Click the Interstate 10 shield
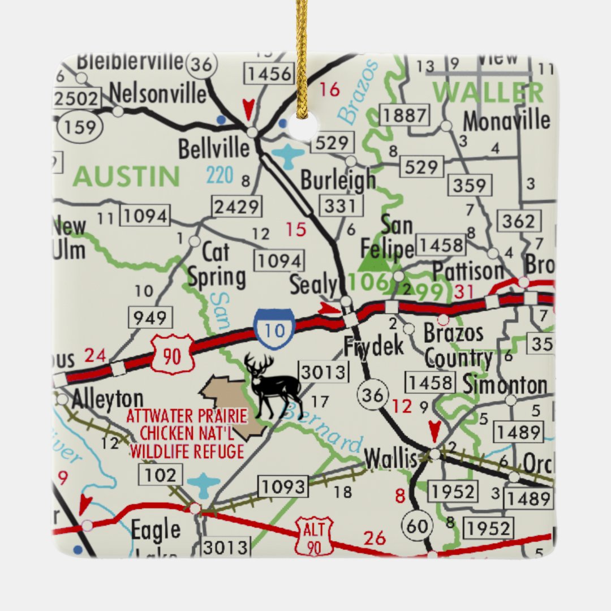tap(275, 328)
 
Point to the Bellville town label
tap(213, 149)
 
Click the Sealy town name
tap(313, 286)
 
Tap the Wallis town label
tap(390, 459)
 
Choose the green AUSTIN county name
tap(126, 177)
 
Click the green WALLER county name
tap(488, 92)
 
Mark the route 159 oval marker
tap(80, 127)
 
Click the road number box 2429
tap(237, 206)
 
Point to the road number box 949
tap(150, 318)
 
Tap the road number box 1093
tap(283, 486)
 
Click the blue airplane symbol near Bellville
tap(288, 154)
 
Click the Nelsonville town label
tap(158, 93)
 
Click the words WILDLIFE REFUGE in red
tap(187, 451)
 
